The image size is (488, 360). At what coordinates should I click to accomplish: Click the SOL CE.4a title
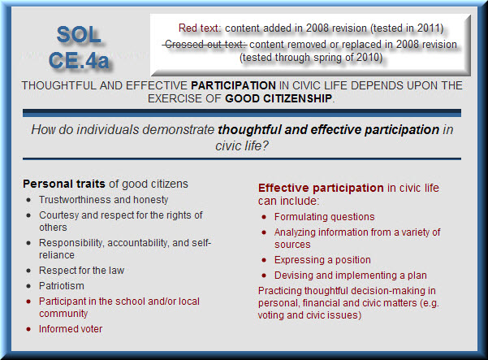[x=79, y=47]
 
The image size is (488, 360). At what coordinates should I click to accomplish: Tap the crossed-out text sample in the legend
[x=205, y=44]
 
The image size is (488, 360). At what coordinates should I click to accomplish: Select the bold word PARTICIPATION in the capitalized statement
[x=233, y=85]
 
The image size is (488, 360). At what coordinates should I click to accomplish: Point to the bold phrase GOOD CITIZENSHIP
[x=279, y=98]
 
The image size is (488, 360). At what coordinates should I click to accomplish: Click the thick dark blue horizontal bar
[x=242, y=113]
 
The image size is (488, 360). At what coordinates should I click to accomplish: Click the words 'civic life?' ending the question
[x=242, y=145]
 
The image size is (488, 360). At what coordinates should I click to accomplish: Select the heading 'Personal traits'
[x=64, y=184]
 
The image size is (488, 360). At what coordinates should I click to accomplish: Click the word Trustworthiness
[x=75, y=200]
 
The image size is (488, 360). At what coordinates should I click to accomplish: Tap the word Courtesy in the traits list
[x=58, y=215]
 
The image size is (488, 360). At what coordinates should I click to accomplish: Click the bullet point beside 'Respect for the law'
[x=29, y=271]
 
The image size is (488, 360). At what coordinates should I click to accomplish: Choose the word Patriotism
[x=62, y=285]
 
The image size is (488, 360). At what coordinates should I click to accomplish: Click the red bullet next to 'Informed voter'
[x=29, y=329]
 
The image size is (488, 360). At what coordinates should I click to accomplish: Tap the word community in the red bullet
[x=63, y=314]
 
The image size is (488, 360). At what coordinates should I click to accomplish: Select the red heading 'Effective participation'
[x=321, y=188]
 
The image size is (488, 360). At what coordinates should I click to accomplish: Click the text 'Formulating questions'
[x=324, y=217]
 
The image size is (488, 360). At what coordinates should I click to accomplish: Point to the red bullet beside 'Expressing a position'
[x=264, y=260]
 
